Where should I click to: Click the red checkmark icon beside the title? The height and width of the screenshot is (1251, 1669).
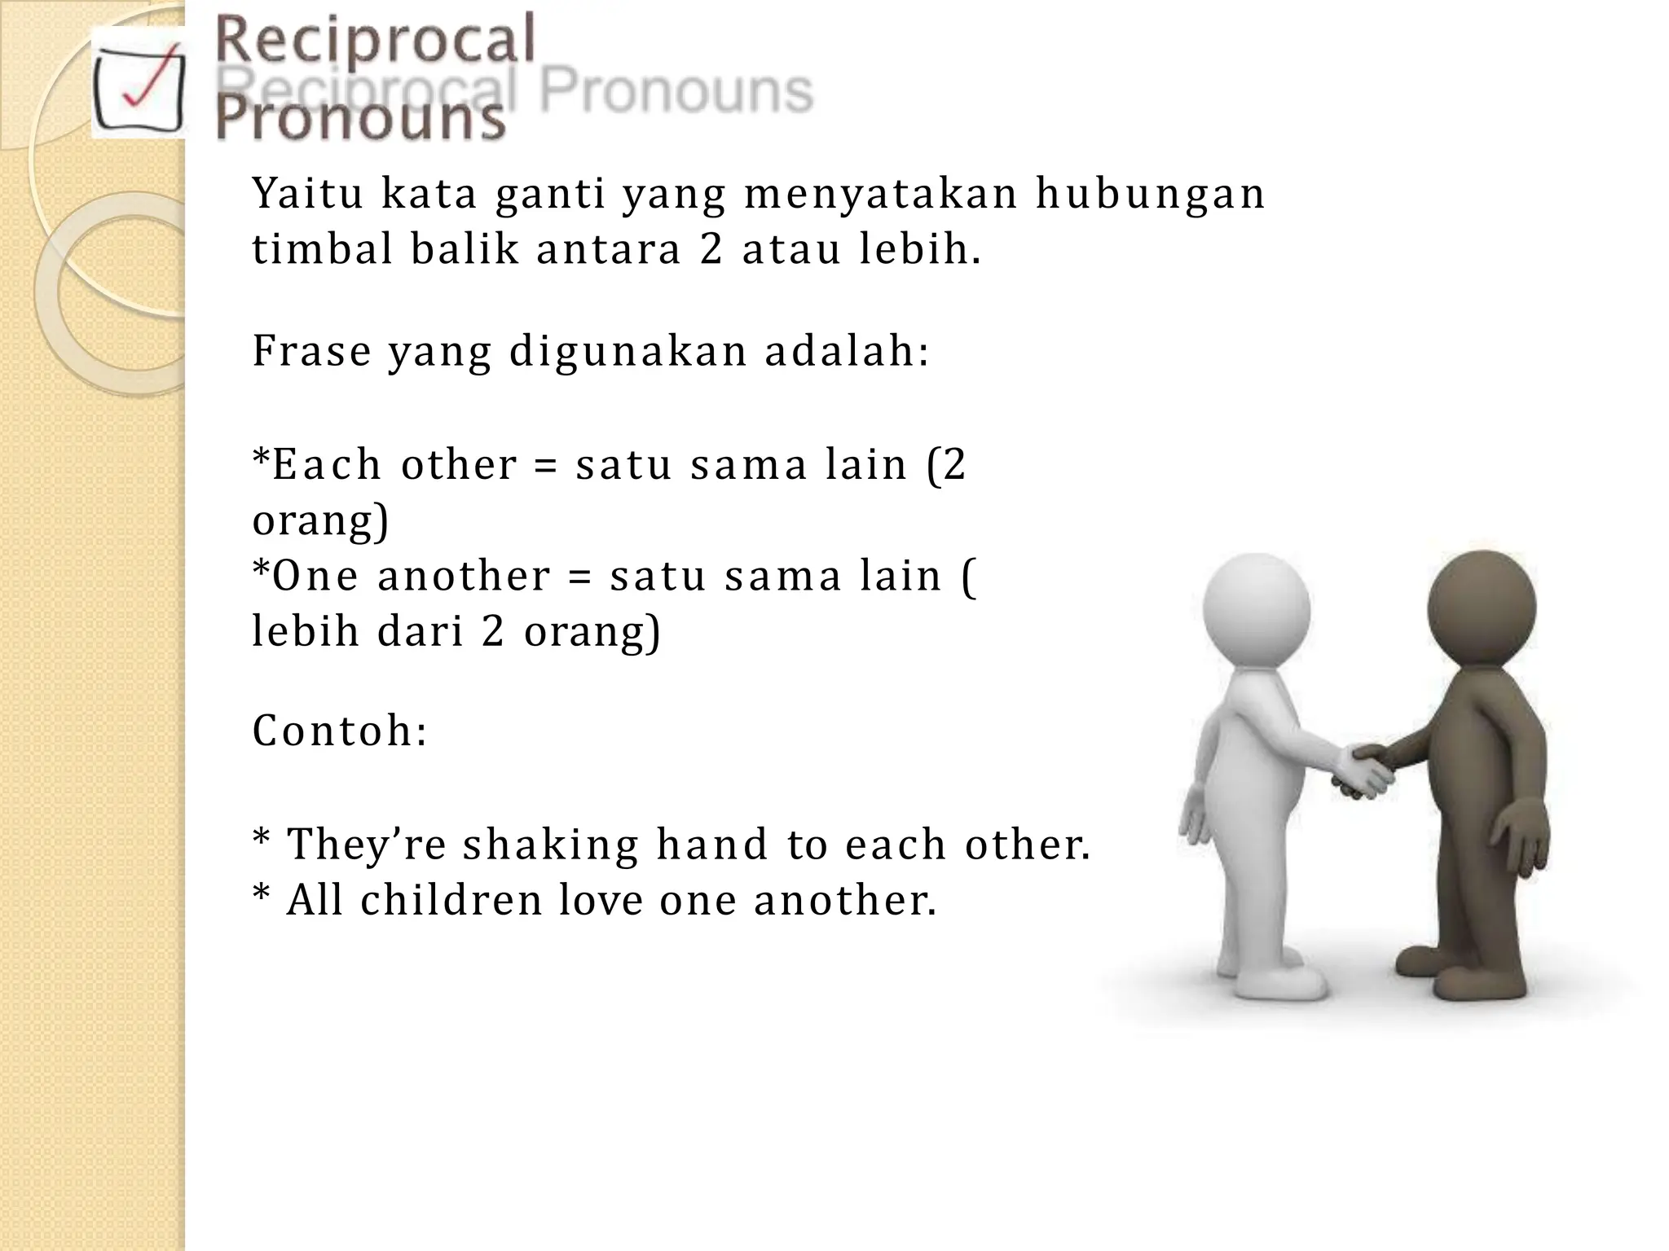tap(139, 81)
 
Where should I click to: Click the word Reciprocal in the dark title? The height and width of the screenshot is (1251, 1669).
tap(375, 41)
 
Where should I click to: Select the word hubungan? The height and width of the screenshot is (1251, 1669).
tap(1150, 195)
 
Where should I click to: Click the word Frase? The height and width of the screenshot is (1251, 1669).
tap(311, 352)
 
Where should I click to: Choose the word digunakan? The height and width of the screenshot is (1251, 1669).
tap(628, 352)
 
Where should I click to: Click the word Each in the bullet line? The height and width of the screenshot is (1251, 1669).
tap(326, 465)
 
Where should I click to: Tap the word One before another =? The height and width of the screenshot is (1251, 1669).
tap(315, 576)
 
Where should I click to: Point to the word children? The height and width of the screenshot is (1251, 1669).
tap(451, 900)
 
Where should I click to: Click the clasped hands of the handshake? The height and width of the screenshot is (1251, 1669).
tap(1361, 770)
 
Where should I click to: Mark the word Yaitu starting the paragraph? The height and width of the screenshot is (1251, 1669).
tap(307, 195)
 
